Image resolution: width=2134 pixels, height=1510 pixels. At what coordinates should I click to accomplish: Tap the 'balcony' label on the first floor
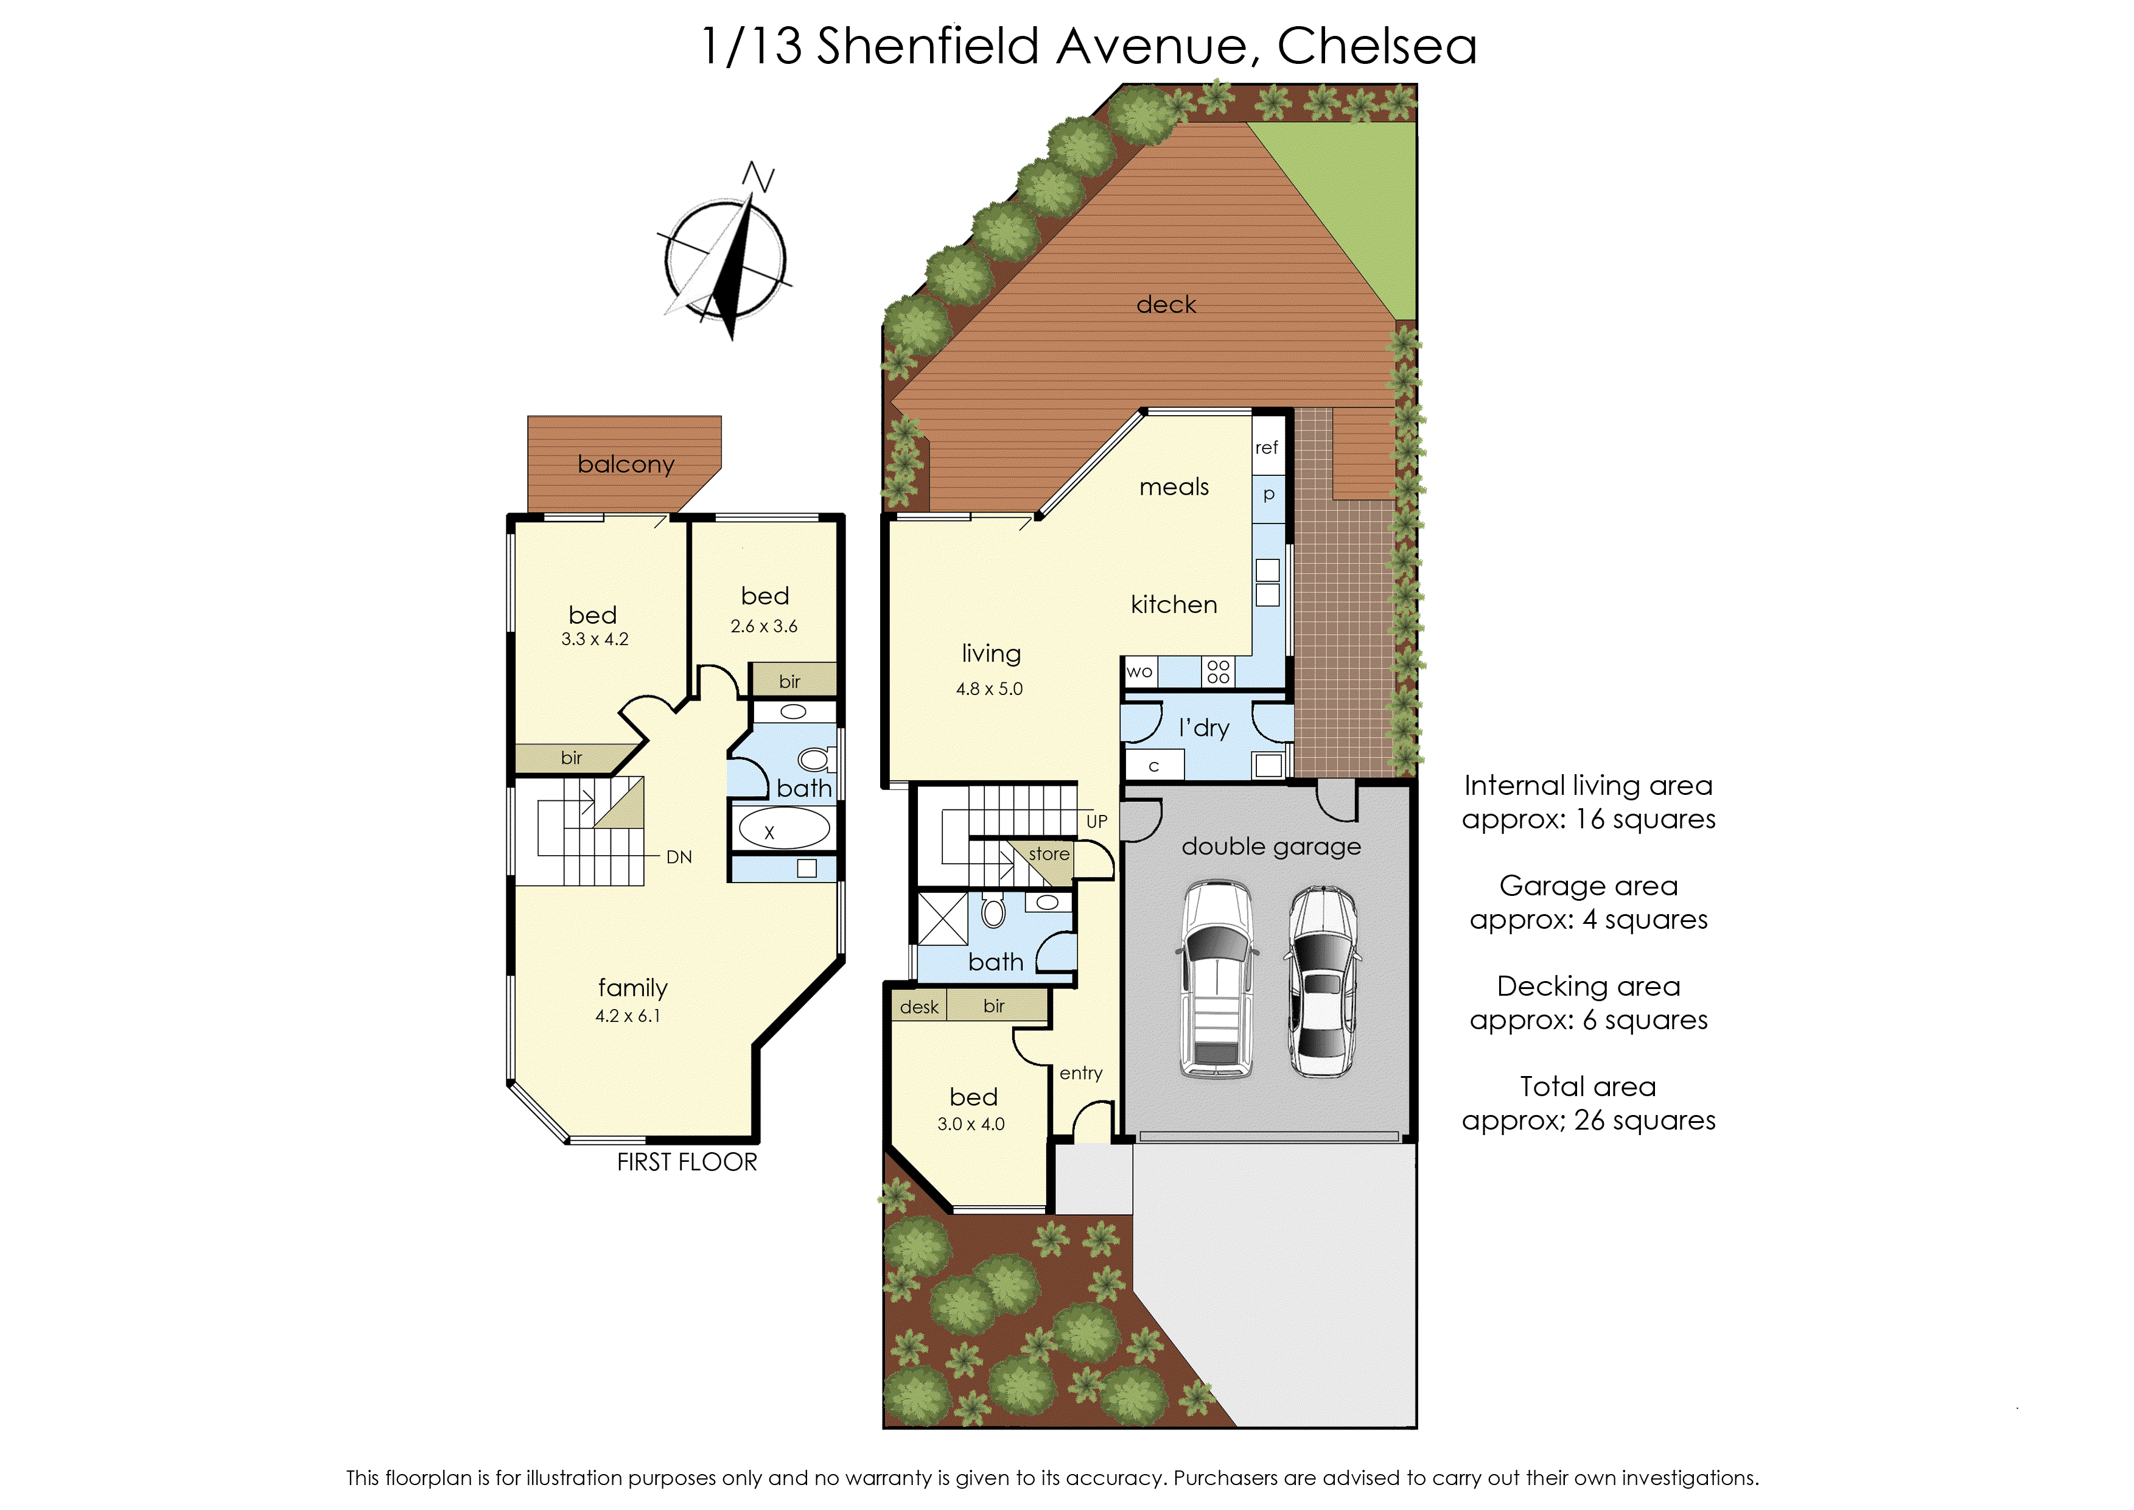click(625, 464)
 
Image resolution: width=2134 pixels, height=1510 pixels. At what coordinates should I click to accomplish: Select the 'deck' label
click(1166, 305)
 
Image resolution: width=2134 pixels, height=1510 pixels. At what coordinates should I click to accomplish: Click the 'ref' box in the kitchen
click(1267, 447)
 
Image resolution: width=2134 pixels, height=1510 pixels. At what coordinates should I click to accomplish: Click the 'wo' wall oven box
click(1140, 671)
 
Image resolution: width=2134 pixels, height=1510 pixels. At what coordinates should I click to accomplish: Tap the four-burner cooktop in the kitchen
click(1218, 671)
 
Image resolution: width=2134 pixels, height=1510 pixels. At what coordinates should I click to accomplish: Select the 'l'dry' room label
click(1204, 728)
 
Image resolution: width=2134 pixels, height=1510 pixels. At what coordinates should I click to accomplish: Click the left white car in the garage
click(1216, 979)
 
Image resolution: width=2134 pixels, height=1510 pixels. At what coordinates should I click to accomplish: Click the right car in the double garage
click(1322, 981)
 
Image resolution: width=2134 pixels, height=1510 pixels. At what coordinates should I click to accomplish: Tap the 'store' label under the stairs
click(1049, 853)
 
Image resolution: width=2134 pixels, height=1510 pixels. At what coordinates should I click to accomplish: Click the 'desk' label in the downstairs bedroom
click(918, 1007)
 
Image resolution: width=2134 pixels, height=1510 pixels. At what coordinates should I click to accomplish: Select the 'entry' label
click(1080, 1073)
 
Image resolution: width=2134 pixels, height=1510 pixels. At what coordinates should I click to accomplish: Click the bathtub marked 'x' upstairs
click(782, 828)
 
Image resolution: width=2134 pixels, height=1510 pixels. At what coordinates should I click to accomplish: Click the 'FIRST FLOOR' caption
click(687, 1162)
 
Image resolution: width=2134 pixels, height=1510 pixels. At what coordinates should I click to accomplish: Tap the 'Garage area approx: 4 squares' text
click(1588, 903)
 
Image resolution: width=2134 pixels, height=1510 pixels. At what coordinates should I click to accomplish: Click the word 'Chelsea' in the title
click(1376, 46)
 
